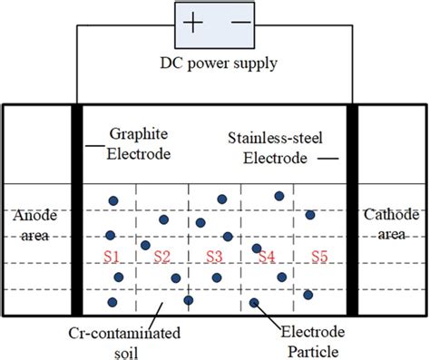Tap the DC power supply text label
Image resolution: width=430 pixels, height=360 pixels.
click(x=216, y=64)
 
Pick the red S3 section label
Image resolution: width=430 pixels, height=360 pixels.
click(x=214, y=257)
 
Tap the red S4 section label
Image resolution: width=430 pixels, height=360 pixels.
click(x=266, y=257)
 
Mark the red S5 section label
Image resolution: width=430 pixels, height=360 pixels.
click(x=319, y=257)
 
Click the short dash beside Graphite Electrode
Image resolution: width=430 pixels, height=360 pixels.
click(x=93, y=146)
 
